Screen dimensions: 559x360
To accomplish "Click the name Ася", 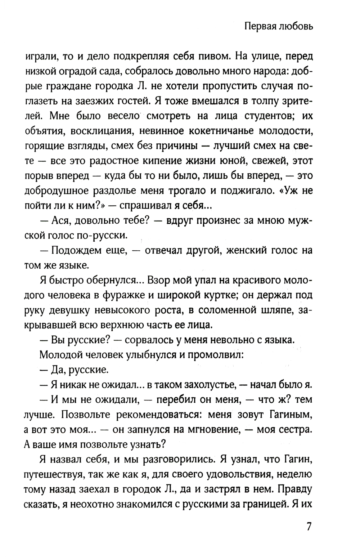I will (x=64, y=221).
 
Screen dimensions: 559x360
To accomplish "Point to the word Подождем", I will (x=77, y=251).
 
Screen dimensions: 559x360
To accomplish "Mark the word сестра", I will (x=294, y=430).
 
